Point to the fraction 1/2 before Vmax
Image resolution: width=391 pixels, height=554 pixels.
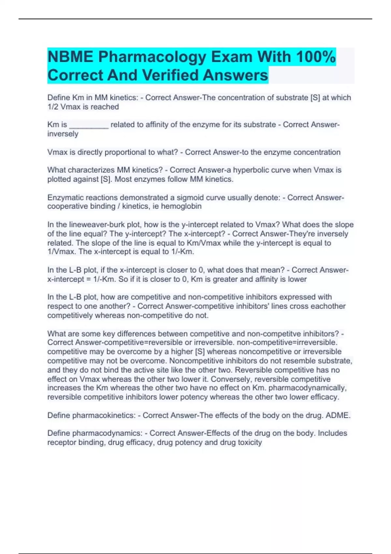coord(53,107)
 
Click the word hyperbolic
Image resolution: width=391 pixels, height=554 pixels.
coord(252,170)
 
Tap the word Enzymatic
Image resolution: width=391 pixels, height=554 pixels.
coord(64,198)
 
